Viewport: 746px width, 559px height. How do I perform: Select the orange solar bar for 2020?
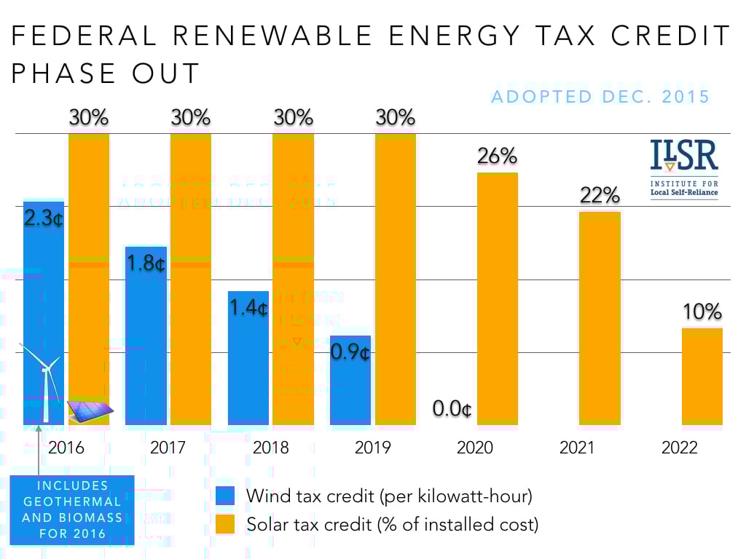(x=498, y=298)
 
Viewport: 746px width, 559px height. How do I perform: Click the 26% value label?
(x=498, y=156)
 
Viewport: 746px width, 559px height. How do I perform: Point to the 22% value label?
(x=600, y=195)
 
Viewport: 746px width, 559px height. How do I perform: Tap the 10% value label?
(x=702, y=312)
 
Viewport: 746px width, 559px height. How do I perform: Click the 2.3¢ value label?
(x=44, y=218)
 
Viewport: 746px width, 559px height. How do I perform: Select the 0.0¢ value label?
(x=452, y=409)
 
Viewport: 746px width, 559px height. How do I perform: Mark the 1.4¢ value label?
(x=248, y=308)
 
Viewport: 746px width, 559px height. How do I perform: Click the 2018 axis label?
(x=270, y=447)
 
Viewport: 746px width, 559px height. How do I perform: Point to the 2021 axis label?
(x=577, y=447)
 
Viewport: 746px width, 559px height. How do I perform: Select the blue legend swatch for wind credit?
(x=226, y=496)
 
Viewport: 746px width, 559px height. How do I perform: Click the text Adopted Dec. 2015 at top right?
(x=600, y=97)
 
